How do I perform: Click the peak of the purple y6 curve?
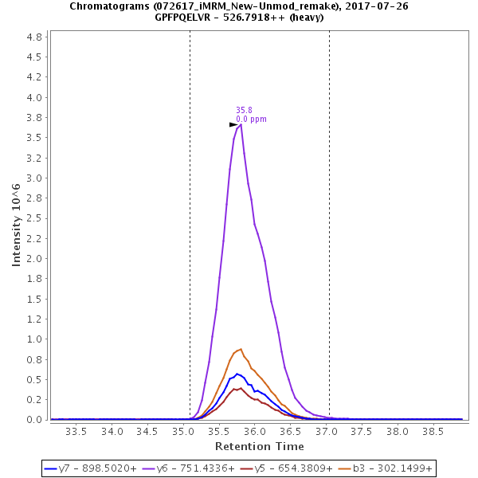(241, 123)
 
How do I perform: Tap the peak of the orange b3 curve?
(241, 349)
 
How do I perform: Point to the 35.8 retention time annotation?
(244, 111)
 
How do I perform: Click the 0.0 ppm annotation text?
(251, 119)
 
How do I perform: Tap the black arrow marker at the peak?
(233, 124)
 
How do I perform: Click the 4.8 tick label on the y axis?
(34, 37)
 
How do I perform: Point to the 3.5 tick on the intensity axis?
(34, 138)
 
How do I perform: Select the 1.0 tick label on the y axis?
(34, 339)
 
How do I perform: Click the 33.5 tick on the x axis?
(76, 431)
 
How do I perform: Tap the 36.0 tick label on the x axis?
(254, 431)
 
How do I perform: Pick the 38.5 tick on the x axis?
(433, 431)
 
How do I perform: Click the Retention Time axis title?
(258, 446)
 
